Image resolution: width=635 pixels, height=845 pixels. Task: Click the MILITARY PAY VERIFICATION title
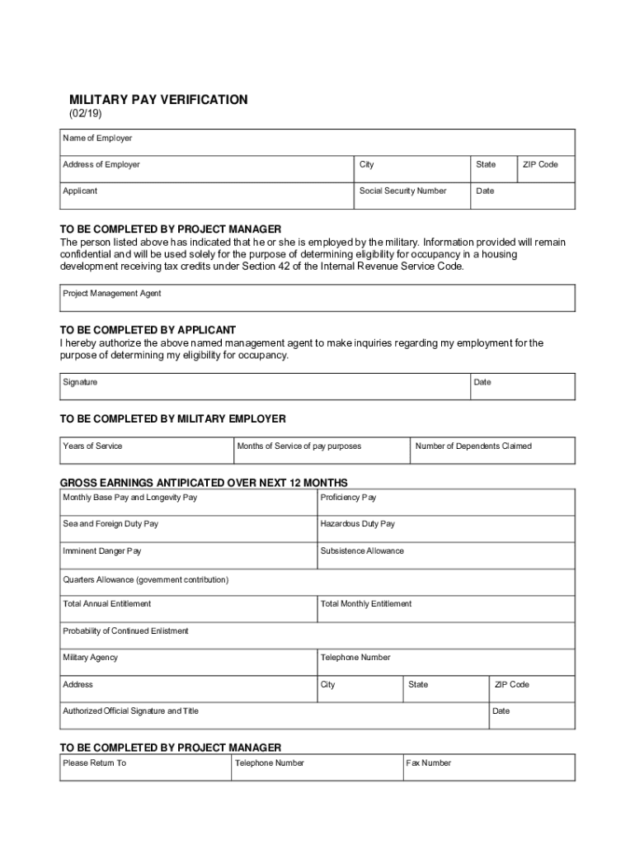(x=158, y=100)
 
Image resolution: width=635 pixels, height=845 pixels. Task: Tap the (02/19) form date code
(x=85, y=114)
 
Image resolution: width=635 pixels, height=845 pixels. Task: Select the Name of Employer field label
(x=97, y=138)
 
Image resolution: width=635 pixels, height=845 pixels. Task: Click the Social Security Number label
(x=402, y=191)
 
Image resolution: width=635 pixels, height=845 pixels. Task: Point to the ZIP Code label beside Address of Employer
(x=540, y=164)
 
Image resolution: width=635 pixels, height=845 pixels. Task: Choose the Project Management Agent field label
(x=112, y=293)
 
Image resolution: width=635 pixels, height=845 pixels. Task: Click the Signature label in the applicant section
(x=80, y=382)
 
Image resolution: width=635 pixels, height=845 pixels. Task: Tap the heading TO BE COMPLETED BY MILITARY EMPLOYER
(x=173, y=419)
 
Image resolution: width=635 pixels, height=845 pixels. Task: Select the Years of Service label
(x=92, y=446)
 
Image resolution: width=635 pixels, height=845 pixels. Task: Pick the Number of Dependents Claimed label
(x=473, y=446)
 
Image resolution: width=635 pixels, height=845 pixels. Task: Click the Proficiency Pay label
(x=348, y=498)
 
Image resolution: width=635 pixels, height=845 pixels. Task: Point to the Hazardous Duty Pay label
(x=357, y=524)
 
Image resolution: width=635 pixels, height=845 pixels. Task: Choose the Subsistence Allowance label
(x=362, y=550)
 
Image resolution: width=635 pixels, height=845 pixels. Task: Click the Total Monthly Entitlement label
(x=365, y=603)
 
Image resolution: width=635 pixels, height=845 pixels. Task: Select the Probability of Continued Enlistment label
(x=125, y=630)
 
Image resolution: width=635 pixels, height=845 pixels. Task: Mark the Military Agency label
(x=90, y=658)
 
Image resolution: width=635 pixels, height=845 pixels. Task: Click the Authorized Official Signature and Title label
(x=130, y=710)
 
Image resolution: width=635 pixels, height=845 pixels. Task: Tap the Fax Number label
(x=429, y=762)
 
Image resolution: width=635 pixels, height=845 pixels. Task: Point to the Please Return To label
(x=94, y=762)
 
